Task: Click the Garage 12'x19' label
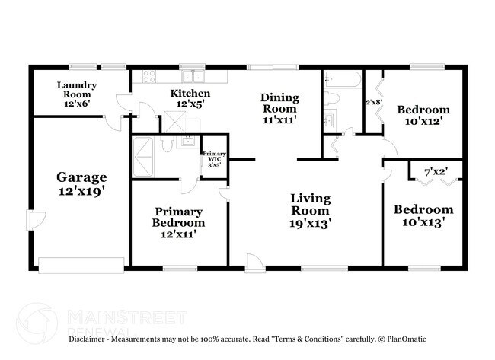[81, 184]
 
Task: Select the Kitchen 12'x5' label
[190, 98]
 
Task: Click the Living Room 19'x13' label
[310, 211]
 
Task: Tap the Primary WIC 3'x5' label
[214, 159]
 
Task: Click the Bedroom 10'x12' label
[423, 115]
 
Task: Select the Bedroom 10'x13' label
[423, 216]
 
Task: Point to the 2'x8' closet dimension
[374, 102]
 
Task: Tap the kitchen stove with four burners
[148, 76]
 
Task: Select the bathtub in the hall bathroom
[343, 79]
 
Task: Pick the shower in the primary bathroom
[143, 157]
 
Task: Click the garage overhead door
[81, 266]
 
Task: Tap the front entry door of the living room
[255, 263]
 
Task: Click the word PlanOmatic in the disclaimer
[407, 339]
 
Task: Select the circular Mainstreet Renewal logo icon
[37, 323]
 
